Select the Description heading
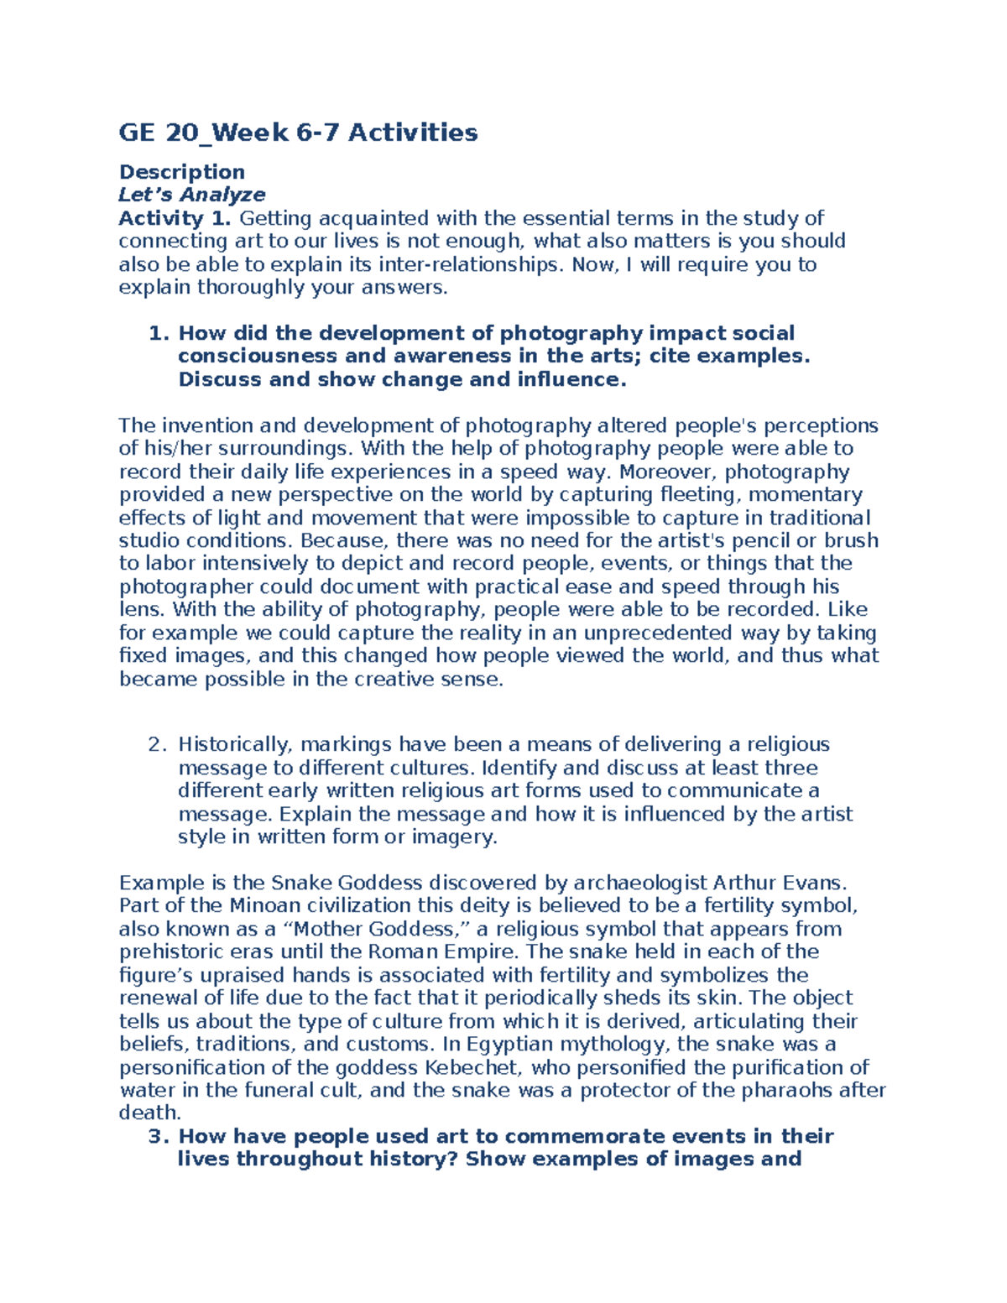[x=181, y=172]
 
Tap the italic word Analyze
[x=222, y=195]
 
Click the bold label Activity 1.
[x=174, y=218]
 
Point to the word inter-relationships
[x=473, y=264]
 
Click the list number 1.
[x=157, y=333]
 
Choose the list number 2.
[x=157, y=744]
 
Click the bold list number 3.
[x=157, y=1136]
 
